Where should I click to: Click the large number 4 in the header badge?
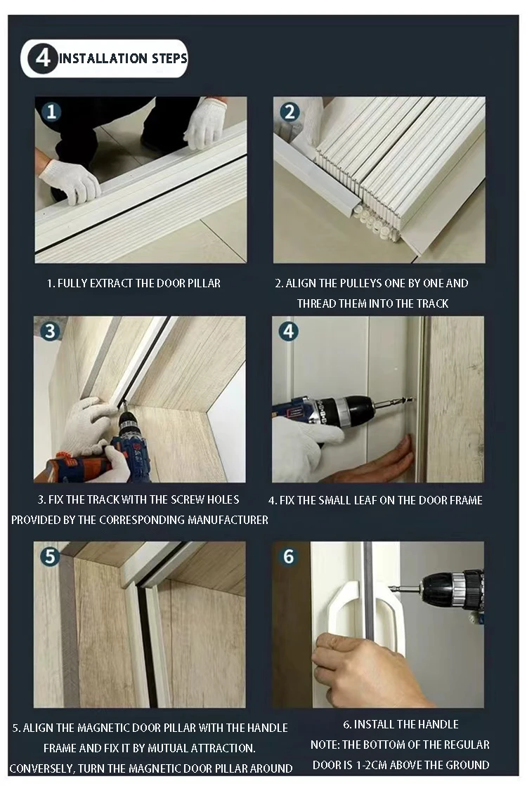pos(43,58)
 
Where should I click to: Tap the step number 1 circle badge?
pos(51,112)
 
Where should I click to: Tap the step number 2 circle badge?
pos(289,112)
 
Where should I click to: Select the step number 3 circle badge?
pos(49,331)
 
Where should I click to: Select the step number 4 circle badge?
pos(289,331)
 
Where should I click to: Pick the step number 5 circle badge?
pos(49,556)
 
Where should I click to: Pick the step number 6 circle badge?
pos(289,556)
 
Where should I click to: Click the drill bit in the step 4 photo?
pos(394,402)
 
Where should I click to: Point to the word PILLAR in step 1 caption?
pos(204,284)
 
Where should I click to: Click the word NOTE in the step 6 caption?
pos(325,745)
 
